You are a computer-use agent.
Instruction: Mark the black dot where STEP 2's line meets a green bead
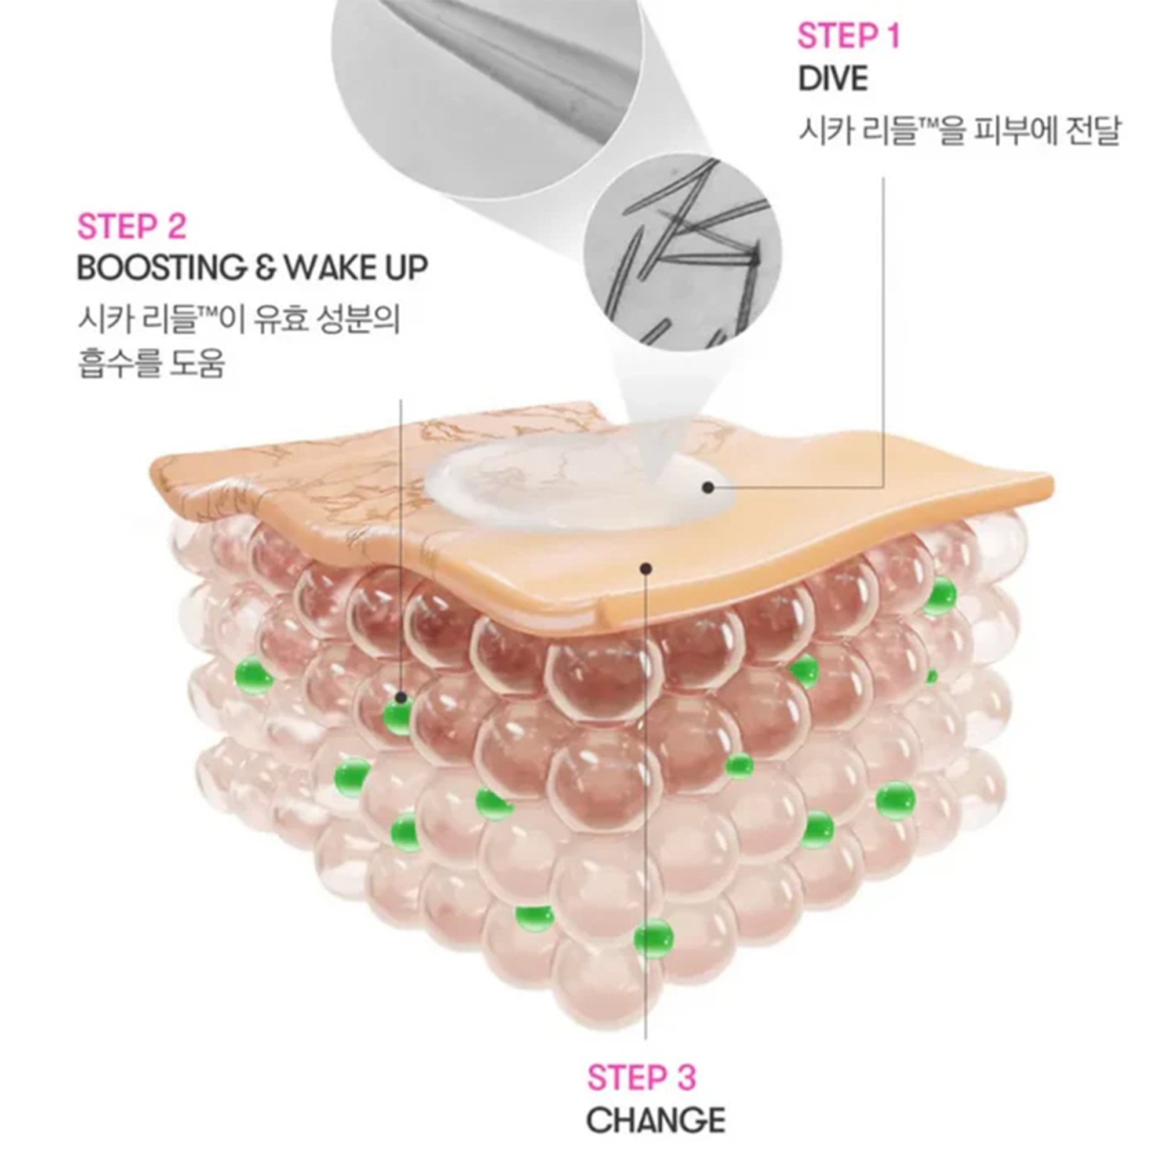tap(401, 698)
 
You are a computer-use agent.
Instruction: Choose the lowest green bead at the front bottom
tap(654, 951)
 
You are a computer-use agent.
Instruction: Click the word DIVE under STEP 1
tap(833, 79)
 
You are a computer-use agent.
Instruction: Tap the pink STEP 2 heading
tap(132, 227)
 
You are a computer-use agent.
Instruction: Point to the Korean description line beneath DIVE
tap(958, 132)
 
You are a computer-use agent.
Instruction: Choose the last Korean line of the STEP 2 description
tap(151, 365)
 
